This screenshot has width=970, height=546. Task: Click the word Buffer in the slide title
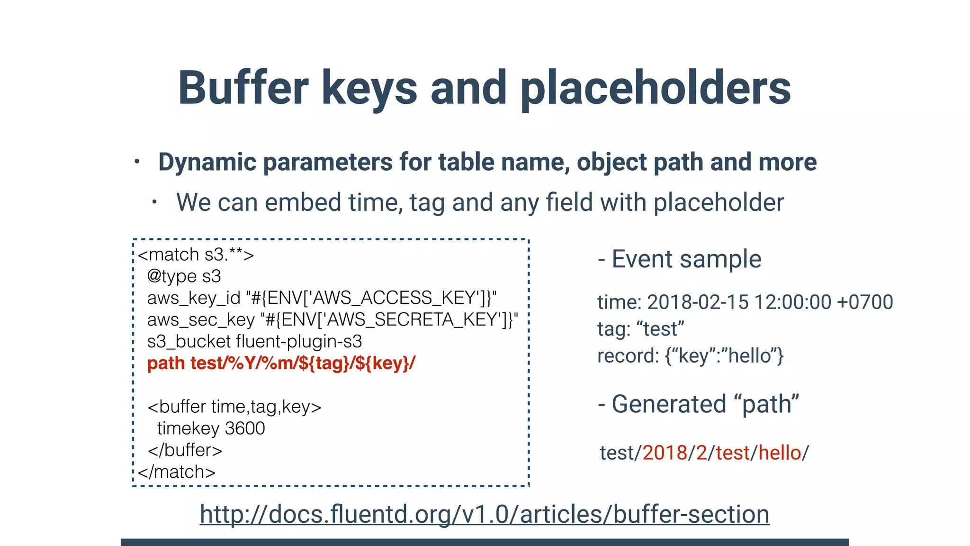[243, 88]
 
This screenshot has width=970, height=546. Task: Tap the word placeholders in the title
[656, 88]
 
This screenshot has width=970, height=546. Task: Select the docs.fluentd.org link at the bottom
[485, 514]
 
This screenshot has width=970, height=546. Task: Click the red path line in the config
[281, 364]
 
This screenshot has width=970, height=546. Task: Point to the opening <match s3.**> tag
[196, 255]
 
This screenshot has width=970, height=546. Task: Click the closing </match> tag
[177, 472]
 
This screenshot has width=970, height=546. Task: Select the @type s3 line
[184, 276]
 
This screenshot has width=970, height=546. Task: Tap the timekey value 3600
[245, 428]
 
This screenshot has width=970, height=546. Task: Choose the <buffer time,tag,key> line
[234, 407]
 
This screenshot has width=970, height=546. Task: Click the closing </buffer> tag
[185, 450]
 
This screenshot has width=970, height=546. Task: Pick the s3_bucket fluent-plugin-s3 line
[254, 342]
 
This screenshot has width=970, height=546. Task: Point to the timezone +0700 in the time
[865, 302]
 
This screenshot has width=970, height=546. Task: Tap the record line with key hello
[690, 356]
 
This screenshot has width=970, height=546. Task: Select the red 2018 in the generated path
[665, 453]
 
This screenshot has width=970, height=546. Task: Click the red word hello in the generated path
[780, 453]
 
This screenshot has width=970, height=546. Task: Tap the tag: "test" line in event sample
[640, 329]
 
